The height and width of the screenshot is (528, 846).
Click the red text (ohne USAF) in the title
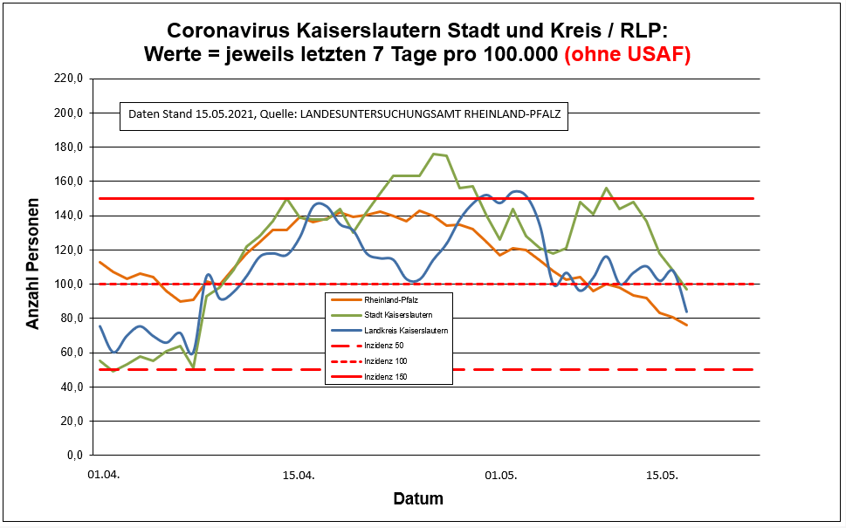click(628, 54)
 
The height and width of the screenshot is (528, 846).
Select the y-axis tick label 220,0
click(69, 79)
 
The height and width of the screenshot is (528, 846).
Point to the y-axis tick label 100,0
click(69, 284)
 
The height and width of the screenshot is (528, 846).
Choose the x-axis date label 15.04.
click(299, 476)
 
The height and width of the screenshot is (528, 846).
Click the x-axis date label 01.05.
click(500, 476)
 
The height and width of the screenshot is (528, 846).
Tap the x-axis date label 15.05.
click(662, 476)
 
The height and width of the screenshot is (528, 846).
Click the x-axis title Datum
click(418, 499)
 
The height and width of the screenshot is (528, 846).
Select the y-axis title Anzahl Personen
click(33, 267)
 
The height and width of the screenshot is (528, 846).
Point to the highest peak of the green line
click(434, 154)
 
